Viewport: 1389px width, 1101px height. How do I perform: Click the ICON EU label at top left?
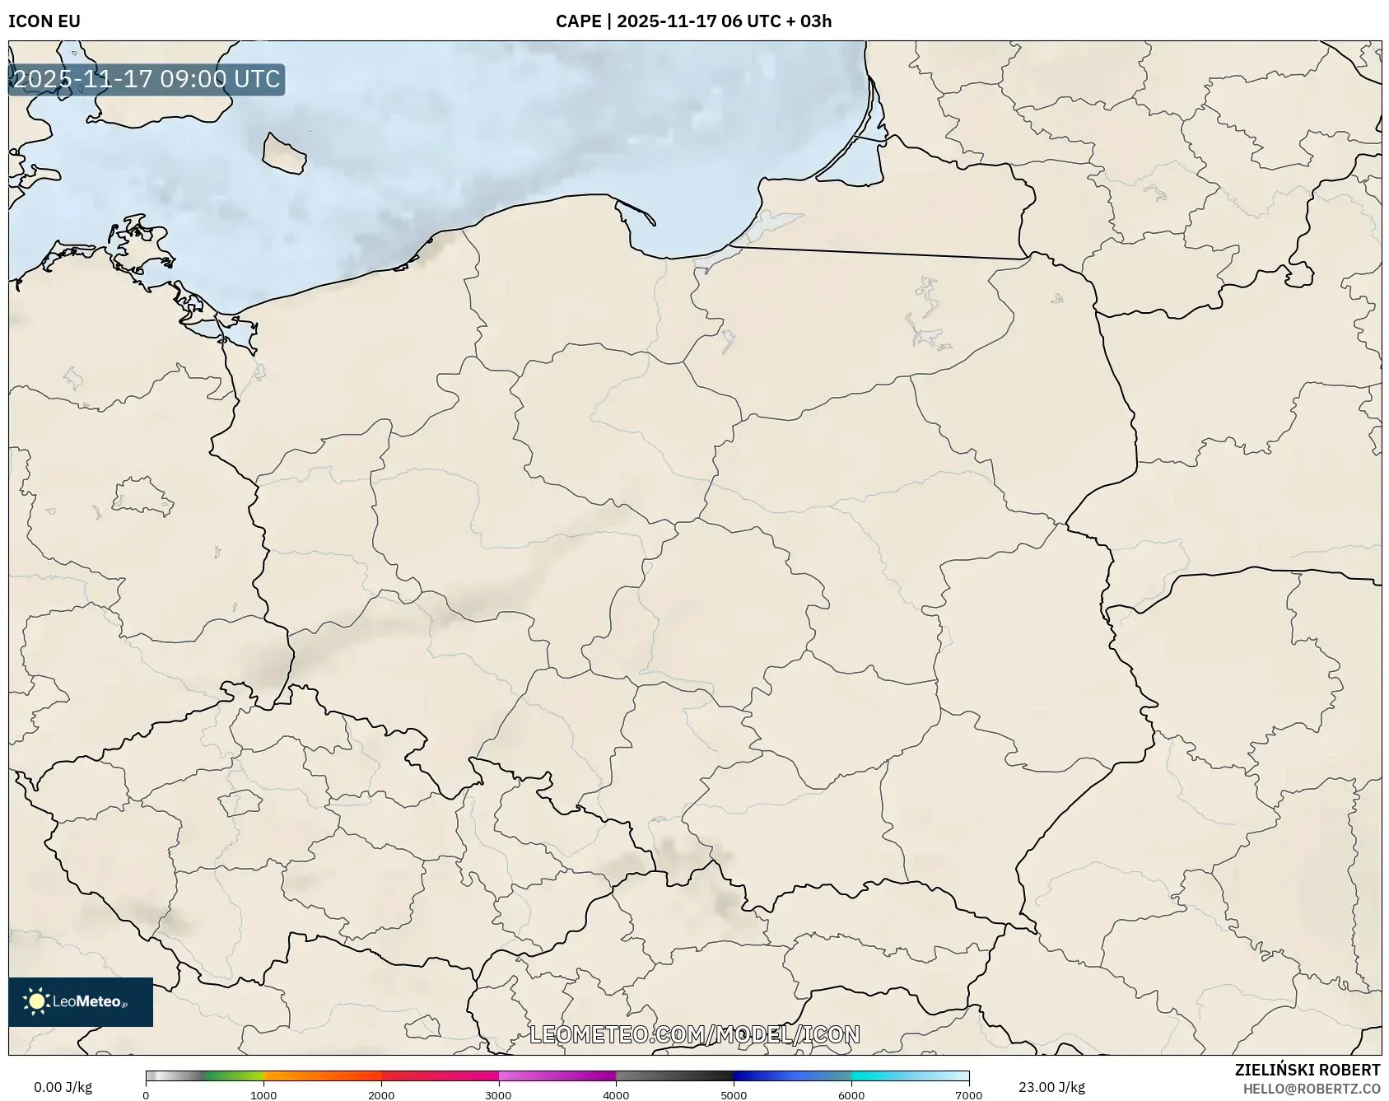tap(44, 21)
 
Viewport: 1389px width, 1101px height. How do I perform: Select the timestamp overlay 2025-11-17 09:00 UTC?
tap(147, 79)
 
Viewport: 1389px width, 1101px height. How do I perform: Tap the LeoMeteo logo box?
tap(81, 1001)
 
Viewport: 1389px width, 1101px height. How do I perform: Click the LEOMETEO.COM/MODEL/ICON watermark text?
tap(694, 1034)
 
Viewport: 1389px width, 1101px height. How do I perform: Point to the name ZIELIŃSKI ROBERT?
tap(1307, 1070)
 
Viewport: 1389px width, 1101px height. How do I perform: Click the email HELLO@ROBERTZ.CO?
tap(1311, 1089)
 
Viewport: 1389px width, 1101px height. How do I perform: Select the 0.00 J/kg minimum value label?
tap(63, 1087)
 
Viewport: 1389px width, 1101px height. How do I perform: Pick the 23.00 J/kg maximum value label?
tap(1051, 1087)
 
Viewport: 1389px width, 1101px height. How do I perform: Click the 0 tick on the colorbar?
tap(146, 1095)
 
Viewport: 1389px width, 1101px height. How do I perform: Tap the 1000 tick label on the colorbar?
tap(263, 1095)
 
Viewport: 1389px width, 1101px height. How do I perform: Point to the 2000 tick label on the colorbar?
tap(381, 1095)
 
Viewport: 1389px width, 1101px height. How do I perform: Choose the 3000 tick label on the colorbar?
tap(498, 1095)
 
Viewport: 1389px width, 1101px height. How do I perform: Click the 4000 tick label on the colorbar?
tap(616, 1095)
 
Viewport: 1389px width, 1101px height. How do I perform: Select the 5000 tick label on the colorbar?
tap(734, 1095)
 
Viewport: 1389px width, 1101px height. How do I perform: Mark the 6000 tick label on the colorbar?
tap(851, 1095)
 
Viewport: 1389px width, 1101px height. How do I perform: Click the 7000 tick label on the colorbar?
tap(968, 1095)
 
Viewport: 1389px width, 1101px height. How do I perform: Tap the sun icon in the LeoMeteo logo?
tap(36, 1001)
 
